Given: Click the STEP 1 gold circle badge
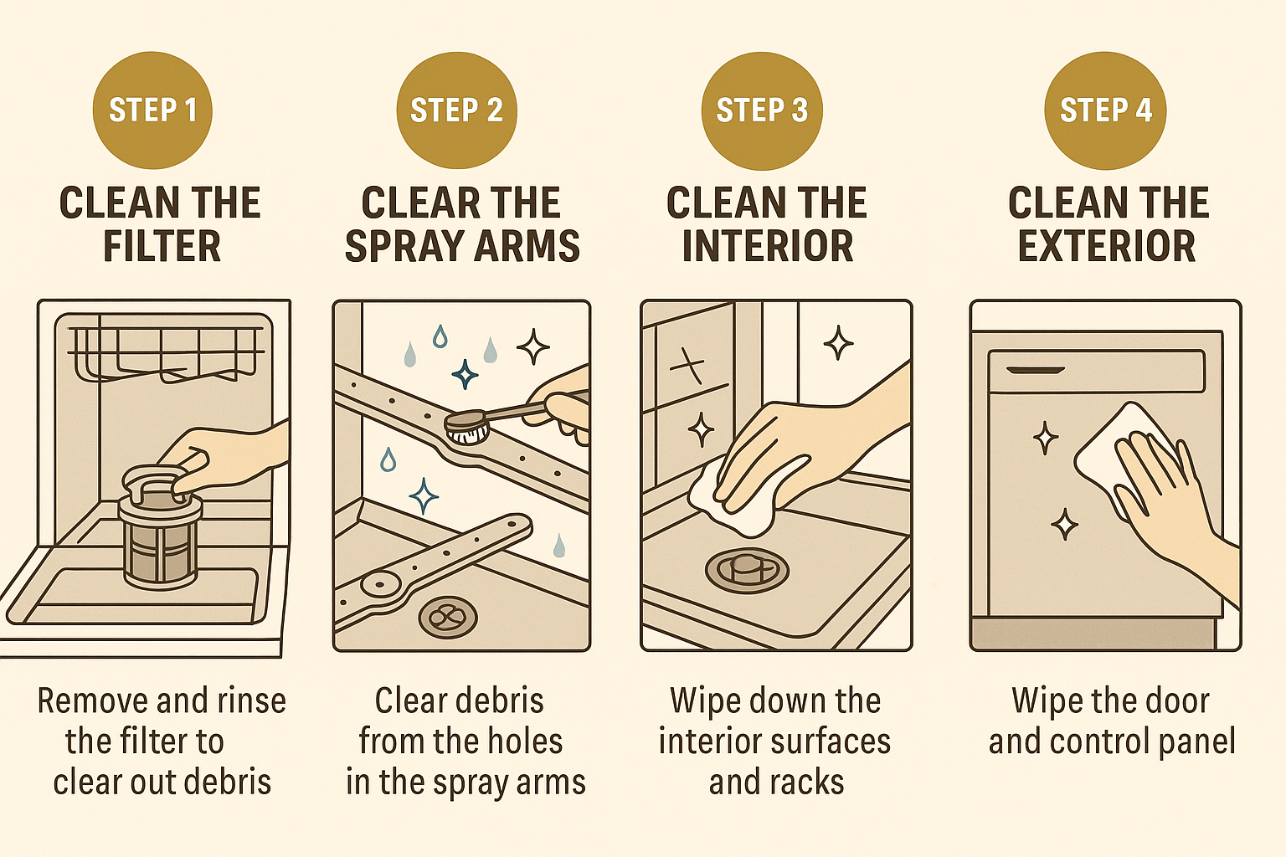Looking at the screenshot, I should (152, 110).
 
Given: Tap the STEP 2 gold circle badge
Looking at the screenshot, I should (456, 110).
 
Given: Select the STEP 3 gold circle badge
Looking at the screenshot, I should (762, 110).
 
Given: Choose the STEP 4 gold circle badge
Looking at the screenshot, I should (1105, 110).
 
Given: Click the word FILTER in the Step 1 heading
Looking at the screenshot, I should (162, 246).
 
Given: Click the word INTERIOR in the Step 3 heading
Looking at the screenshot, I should (767, 246).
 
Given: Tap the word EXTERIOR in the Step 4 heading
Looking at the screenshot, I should (1107, 246).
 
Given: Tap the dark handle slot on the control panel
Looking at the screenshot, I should (1035, 370).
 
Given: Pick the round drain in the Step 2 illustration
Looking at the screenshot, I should (447, 618).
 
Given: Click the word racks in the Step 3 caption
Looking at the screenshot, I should (811, 782).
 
